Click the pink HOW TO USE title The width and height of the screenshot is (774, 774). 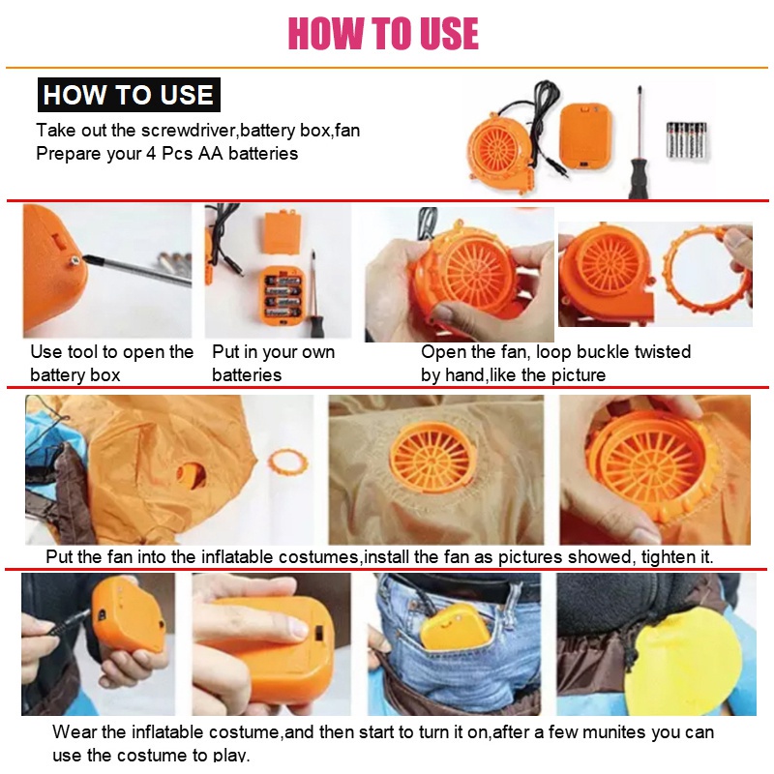click(383, 33)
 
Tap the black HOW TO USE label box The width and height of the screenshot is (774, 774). click(129, 95)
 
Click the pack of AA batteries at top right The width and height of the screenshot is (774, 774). click(687, 139)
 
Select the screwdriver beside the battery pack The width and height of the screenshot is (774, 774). click(639, 143)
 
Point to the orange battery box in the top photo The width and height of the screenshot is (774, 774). click(586, 137)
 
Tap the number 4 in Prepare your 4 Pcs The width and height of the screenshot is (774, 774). click(151, 154)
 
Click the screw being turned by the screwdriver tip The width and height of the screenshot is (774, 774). click(75, 259)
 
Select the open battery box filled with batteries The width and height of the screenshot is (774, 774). click(282, 296)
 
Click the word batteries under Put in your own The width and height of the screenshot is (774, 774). click(247, 375)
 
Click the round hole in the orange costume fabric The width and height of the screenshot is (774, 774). click(192, 476)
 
